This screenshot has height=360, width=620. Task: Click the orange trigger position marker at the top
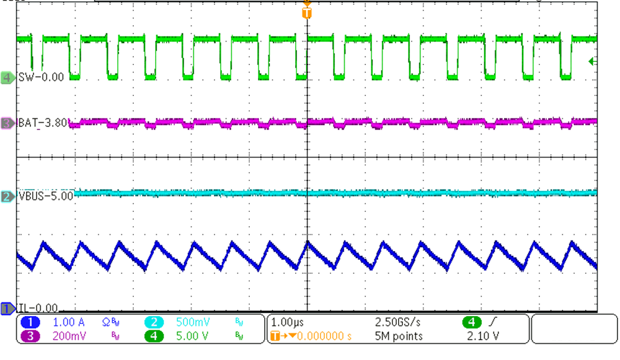[306, 11]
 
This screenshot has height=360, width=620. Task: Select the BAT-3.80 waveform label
[45, 123]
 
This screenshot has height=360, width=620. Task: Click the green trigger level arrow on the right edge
[591, 61]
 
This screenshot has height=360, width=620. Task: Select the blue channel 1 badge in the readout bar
[31, 323]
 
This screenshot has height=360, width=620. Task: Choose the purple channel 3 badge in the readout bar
[31, 336]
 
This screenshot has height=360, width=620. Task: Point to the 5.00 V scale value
[190, 336]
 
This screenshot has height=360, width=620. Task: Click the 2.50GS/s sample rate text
[399, 323]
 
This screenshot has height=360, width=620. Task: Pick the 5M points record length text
[399, 336]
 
